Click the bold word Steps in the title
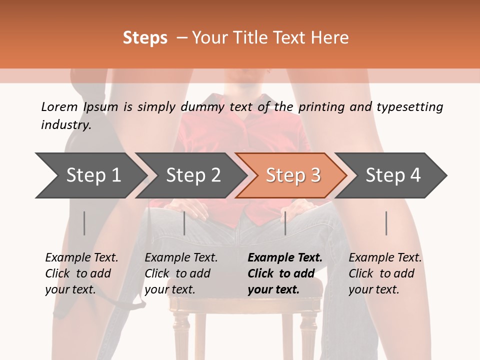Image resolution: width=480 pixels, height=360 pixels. pos(145,38)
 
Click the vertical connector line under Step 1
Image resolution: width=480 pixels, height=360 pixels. pos(84,223)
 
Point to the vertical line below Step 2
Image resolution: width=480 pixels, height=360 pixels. pos(184,223)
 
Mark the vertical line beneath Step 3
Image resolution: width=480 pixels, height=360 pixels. pos(285,223)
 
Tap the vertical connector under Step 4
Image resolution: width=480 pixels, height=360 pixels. pos(386,223)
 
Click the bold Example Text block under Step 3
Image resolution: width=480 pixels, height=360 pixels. pos(285,273)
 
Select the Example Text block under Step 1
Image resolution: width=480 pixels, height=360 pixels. pos(81,273)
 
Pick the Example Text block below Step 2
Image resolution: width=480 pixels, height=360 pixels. pos(181,273)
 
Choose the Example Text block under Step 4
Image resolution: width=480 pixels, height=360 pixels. pos(385,273)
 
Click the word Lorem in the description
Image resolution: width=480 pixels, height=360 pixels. pos(59,106)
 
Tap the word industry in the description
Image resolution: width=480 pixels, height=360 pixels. pos(66,125)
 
